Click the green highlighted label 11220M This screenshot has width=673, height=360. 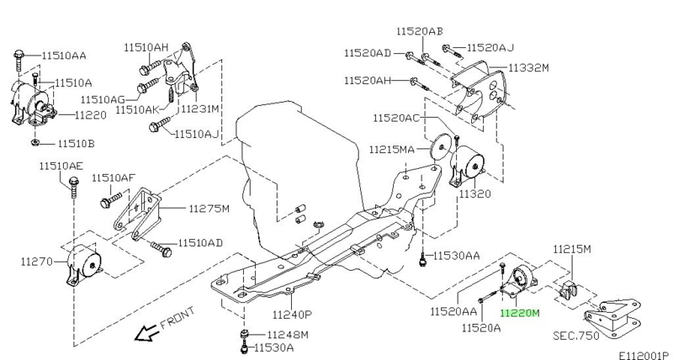coord(519,313)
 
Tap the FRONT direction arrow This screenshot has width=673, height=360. coord(146,332)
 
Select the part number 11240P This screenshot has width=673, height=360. coord(292,315)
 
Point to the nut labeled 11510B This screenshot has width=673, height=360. coord(35,142)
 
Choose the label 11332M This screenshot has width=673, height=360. coord(528,68)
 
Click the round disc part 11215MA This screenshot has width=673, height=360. coord(441,148)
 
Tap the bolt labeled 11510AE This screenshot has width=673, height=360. coord(74,187)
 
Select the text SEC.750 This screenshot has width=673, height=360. coord(576,335)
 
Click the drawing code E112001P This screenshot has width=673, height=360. coord(644,355)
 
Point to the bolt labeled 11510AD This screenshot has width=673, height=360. coord(161,249)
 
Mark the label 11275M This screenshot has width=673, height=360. coord(209,209)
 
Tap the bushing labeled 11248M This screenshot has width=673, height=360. coord(245,335)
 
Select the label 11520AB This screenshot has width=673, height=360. coord(420,31)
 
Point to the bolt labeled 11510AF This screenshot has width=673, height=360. coord(111,200)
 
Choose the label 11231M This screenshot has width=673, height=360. coord(199,109)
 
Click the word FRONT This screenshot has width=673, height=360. coord(178,318)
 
